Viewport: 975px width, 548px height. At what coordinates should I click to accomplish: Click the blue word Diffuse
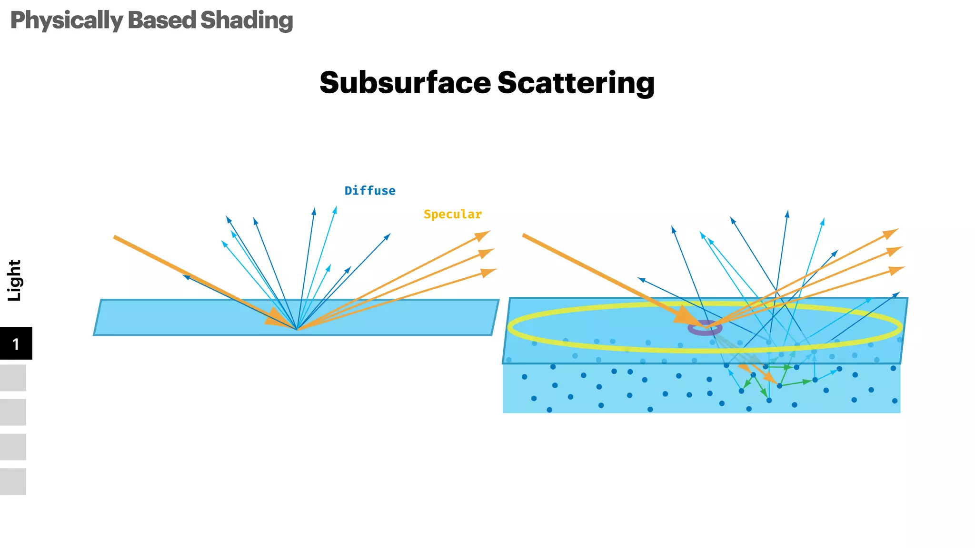370,191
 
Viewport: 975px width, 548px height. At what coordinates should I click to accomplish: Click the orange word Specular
452,214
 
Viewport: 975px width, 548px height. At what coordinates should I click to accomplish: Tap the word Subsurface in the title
405,83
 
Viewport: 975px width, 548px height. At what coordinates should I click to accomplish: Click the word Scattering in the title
576,83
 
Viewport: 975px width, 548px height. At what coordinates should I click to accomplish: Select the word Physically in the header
67,20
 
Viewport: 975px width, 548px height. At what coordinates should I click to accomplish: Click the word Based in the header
162,20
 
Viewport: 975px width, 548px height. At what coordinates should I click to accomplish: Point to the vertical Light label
14,280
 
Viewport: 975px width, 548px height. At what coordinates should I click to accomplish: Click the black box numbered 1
16,343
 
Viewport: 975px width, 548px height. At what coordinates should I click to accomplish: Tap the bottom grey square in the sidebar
13,481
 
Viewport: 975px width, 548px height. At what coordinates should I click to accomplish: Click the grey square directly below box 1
13,378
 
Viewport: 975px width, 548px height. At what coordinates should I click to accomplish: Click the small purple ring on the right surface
705,328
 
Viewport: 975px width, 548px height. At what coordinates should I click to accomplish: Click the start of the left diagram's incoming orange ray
115,237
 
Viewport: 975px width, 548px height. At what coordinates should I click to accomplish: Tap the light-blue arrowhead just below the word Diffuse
335,209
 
